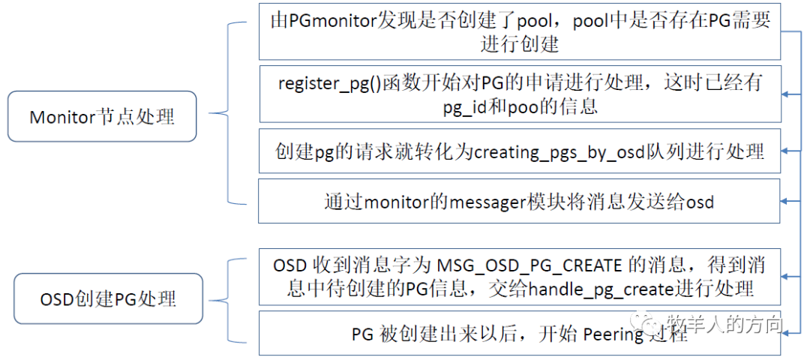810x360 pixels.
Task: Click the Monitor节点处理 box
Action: pyautogui.click(x=102, y=117)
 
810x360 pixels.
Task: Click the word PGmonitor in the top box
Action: pyautogui.click(x=328, y=21)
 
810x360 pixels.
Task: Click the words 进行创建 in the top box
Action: pyautogui.click(x=519, y=44)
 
